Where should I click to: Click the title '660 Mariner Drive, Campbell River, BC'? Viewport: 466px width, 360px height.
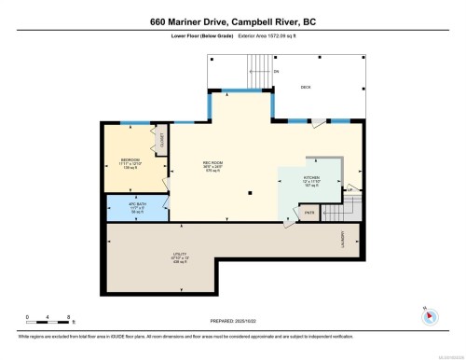click(x=233, y=21)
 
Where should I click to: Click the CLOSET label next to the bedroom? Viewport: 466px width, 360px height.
click(x=161, y=140)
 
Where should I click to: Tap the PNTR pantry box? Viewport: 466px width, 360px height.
click(x=309, y=213)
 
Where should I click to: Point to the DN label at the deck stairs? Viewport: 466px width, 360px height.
click(x=276, y=71)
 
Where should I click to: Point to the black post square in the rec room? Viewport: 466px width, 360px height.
click(x=251, y=192)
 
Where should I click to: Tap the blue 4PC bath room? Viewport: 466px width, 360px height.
click(x=136, y=207)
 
